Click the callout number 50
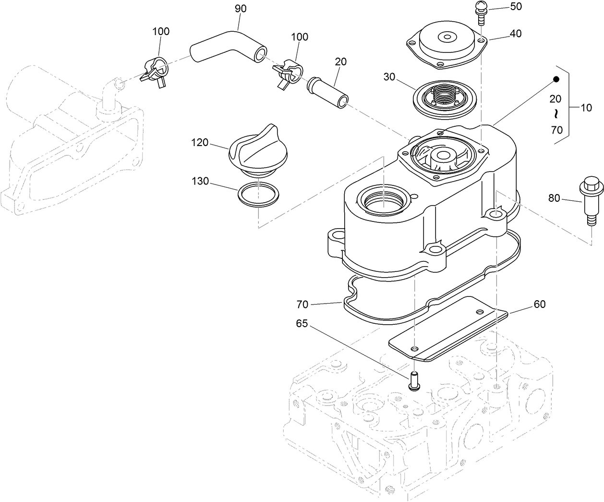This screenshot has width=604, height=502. click(502, 7)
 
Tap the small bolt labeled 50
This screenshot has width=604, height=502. click(481, 11)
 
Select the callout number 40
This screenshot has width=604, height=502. click(516, 34)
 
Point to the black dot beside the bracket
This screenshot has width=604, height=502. click(556, 80)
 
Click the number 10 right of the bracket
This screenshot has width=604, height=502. click(586, 108)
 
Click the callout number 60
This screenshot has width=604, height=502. click(539, 304)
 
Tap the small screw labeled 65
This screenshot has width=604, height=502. click(413, 380)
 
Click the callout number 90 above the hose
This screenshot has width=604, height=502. click(241, 9)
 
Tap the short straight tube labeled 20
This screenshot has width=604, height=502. click(328, 90)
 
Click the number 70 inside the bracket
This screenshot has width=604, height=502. click(556, 130)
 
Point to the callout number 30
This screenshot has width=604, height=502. click(389, 77)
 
